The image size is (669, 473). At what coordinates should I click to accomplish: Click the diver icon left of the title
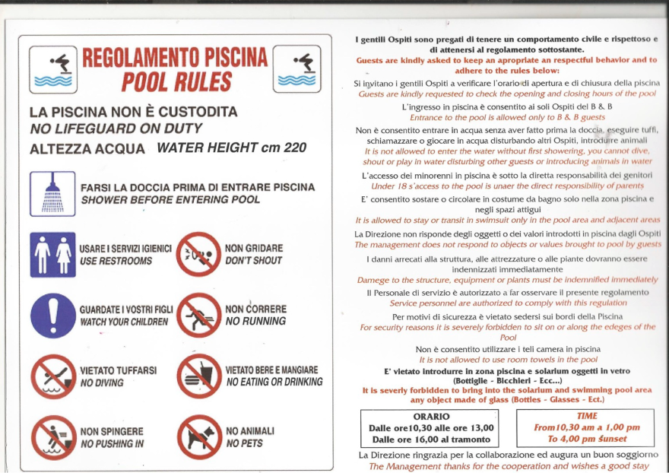(52, 68)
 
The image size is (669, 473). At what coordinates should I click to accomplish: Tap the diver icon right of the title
(296, 68)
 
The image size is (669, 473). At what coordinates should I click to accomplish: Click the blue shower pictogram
(52, 194)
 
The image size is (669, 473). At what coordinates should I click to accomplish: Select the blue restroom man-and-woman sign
(52, 254)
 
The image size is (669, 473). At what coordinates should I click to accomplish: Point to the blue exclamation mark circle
(52, 315)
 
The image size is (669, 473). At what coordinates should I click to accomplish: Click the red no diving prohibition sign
(52, 376)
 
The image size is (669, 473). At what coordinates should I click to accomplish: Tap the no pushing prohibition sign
(52, 436)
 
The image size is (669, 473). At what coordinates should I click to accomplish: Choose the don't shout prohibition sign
(198, 254)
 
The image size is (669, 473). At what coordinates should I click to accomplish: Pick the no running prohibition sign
(198, 315)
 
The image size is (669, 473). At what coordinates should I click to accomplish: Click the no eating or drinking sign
(198, 376)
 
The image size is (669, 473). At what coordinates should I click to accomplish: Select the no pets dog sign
(198, 436)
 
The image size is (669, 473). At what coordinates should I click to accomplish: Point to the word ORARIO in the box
(431, 417)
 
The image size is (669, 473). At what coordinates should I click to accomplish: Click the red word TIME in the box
(586, 416)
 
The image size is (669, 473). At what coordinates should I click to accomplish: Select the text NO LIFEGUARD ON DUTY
(116, 129)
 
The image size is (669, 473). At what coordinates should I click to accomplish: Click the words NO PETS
(243, 443)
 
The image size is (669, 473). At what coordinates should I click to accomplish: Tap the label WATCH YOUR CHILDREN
(123, 322)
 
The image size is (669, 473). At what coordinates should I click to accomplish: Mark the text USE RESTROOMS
(116, 261)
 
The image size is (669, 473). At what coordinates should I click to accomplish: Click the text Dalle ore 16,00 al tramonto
(431, 439)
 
